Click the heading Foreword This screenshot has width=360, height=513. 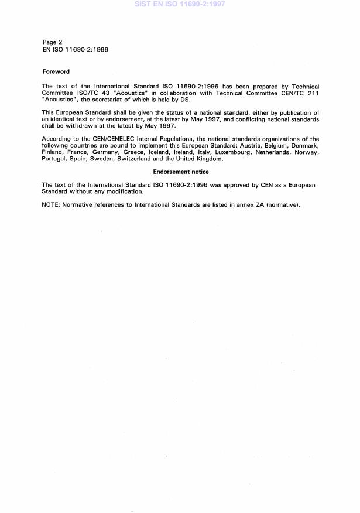pyautogui.click(x=56, y=71)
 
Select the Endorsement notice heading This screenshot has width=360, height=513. pyautogui.click(x=180, y=172)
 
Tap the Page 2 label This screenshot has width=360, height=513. pyautogui.click(x=54, y=42)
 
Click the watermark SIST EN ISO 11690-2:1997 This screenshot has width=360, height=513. pyautogui.click(x=180, y=4)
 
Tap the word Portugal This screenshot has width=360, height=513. pyautogui.click(x=54, y=159)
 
